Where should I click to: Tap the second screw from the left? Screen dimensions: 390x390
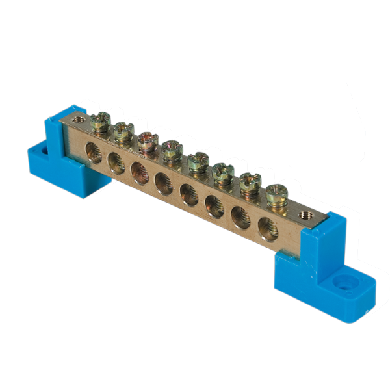point(123,132)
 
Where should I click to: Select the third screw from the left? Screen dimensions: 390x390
point(147,141)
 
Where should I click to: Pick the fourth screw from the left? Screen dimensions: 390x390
point(172,151)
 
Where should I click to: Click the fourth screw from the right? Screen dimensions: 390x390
point(198,162)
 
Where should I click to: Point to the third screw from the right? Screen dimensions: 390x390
point(223,173)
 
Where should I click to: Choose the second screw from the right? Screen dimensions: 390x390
point(250,183)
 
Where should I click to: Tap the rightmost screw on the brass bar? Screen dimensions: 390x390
point(276,194)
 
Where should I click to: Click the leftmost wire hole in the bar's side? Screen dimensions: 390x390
point(94,155)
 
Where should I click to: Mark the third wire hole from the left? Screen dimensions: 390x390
point(139,173)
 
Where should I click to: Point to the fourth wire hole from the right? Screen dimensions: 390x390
point(189,194)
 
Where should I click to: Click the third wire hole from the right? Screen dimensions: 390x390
point(214,205)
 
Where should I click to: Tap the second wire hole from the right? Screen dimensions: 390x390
point(240,216)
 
